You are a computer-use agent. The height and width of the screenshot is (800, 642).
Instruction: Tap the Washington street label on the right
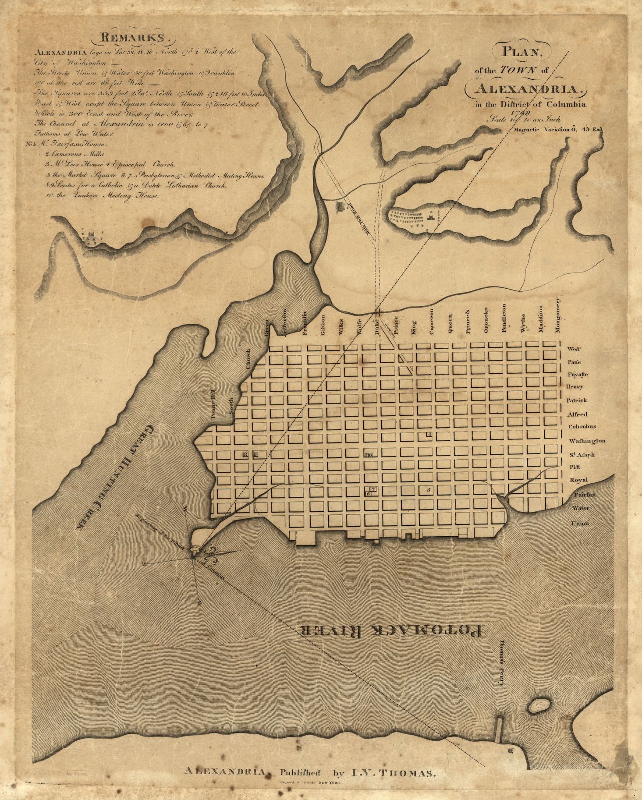click(x=587, y=441)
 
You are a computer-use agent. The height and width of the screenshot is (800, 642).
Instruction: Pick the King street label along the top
click(x=413, y=328)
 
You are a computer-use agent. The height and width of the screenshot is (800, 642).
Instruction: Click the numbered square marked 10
click(x=369, y=455)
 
